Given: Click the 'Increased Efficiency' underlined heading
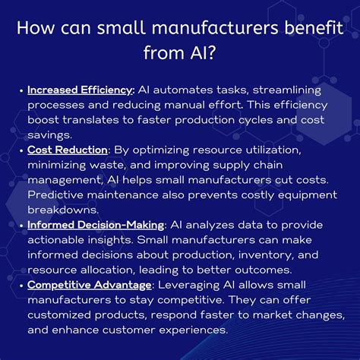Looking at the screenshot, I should click(80, 90).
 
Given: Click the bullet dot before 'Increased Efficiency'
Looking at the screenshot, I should click(21, 90).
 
